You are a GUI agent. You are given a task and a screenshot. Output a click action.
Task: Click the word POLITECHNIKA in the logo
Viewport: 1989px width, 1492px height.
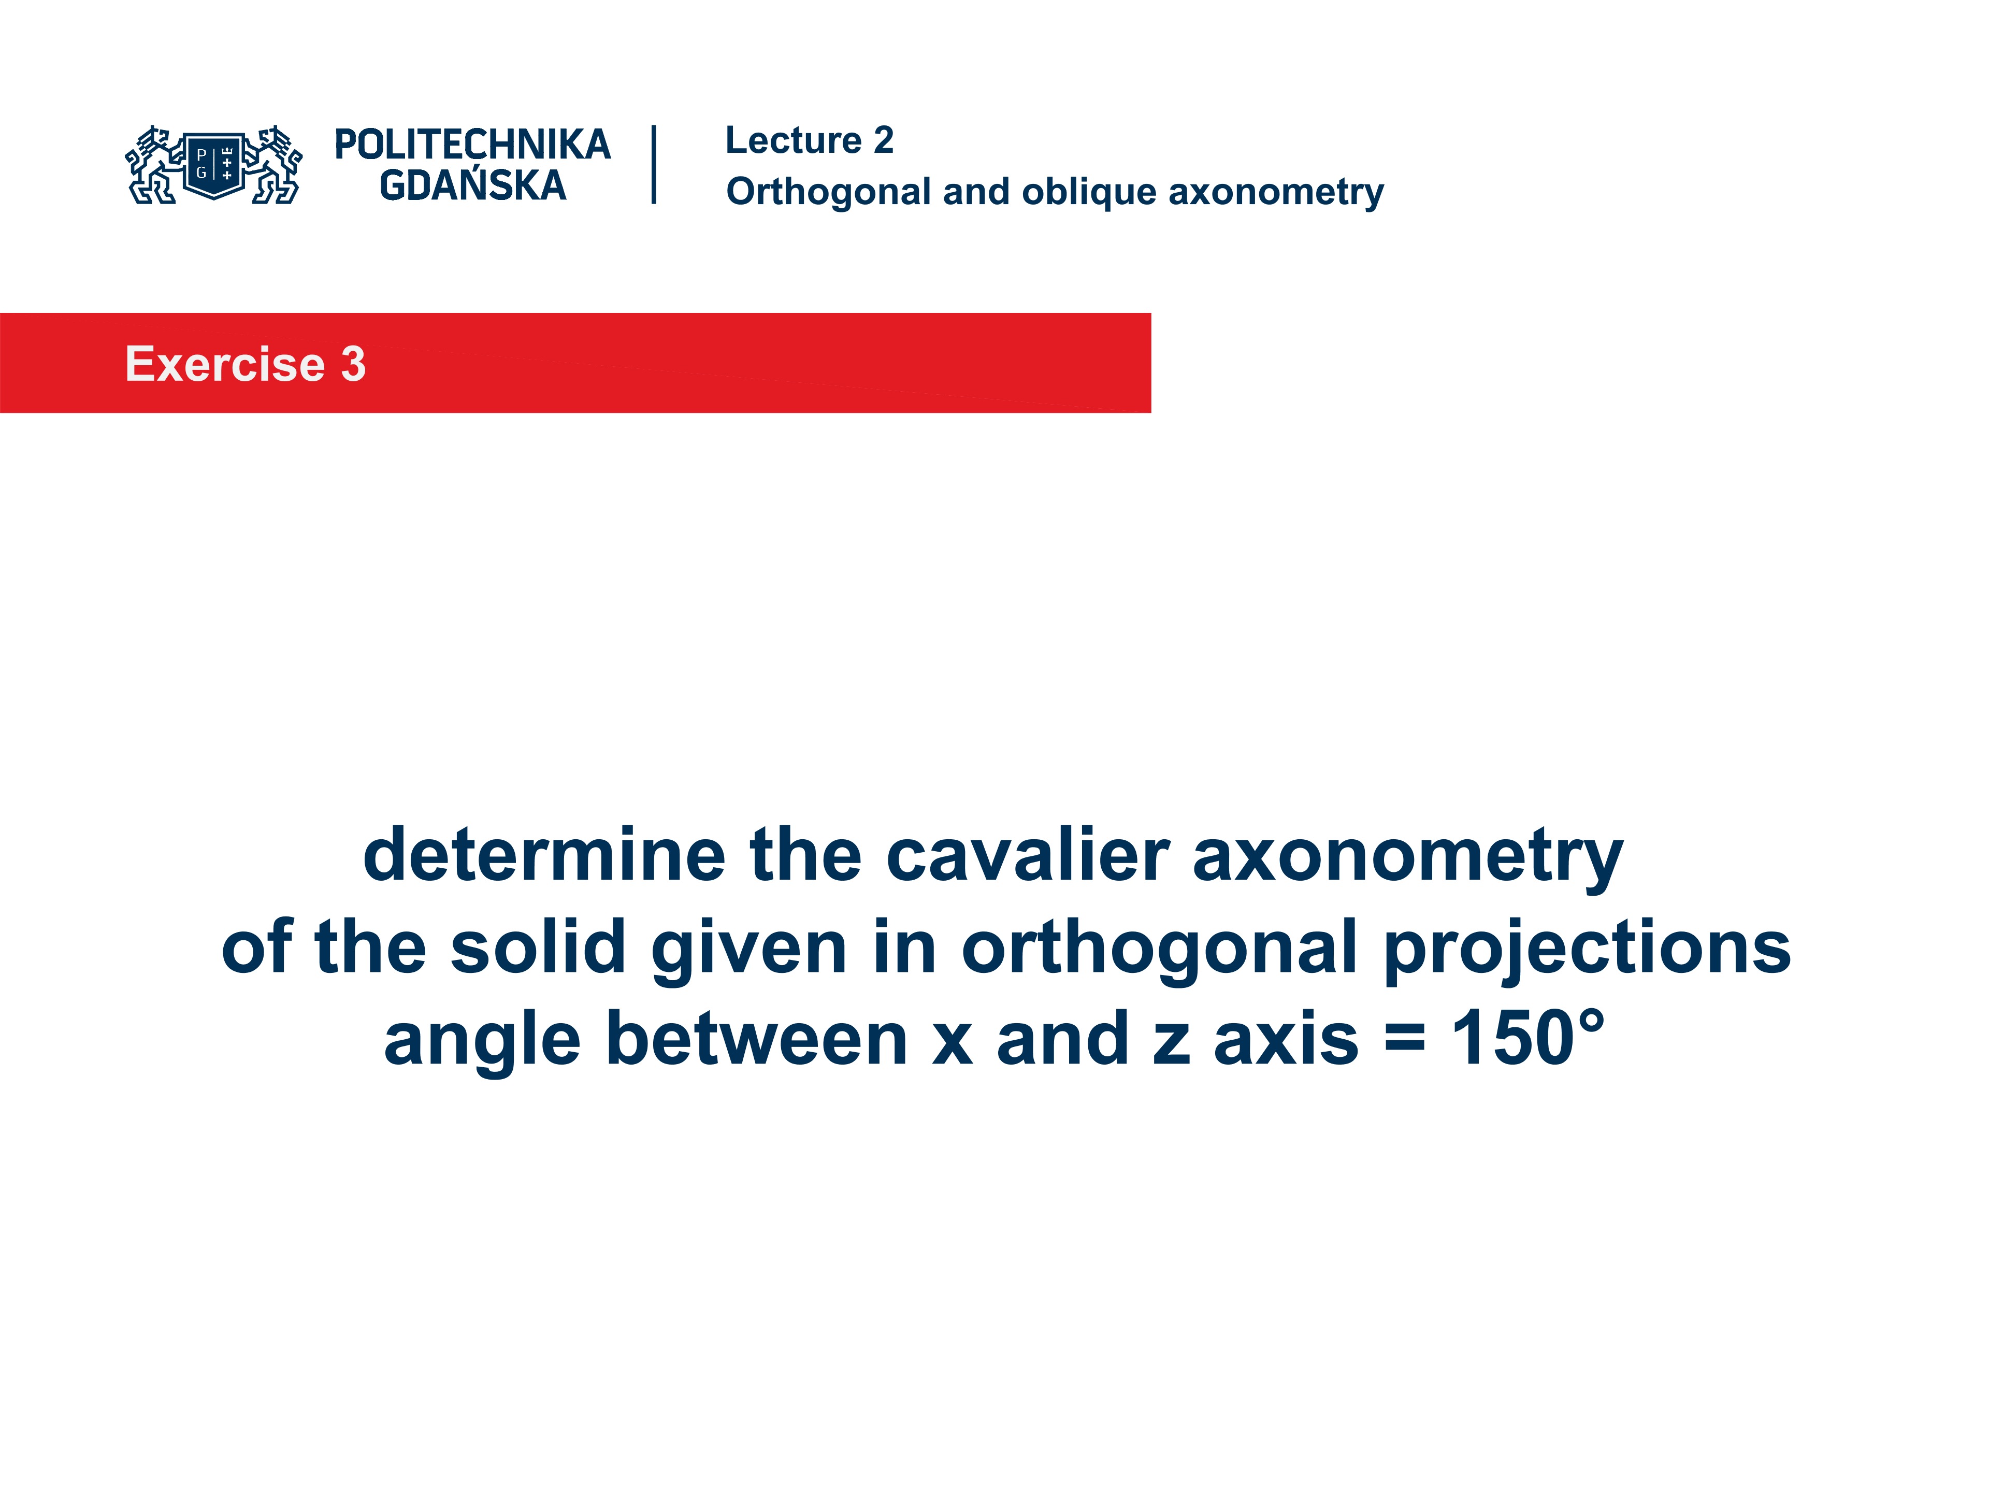point(472,145)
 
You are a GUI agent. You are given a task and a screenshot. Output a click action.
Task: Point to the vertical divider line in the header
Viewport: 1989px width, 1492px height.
point(654,165)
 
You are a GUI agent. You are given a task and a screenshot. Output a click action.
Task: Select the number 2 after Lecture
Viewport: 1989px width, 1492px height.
point(883,140)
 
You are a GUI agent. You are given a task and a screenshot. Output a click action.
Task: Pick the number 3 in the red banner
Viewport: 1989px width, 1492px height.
point(353,364)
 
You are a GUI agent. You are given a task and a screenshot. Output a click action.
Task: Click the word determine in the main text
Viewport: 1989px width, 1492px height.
point(544,854)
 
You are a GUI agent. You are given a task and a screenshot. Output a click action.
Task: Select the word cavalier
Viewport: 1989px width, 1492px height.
point(1028,854)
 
